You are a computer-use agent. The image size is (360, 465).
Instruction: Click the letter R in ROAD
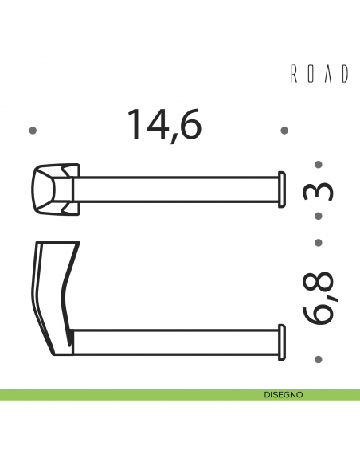click(x=292, y=75)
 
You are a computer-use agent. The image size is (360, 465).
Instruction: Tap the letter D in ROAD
click(x=345, y=75)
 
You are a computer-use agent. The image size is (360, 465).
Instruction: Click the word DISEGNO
click(x=283, y=394)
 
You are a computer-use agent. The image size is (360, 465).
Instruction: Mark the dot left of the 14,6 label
click(x=33, y=130)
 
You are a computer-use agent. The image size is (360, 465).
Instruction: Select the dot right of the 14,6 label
click(x=284, y=130)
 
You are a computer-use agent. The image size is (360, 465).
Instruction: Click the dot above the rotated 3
click(x=319, y=166)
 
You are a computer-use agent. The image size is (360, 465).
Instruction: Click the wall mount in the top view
click(x=56, y=188)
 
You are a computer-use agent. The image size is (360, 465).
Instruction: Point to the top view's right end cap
click(x=280, y=189)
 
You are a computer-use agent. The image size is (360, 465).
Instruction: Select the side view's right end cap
click(x=280, y=340)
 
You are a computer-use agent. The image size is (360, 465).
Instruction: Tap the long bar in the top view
click(x=175, y=189)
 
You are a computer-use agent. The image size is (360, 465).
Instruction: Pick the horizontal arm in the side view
click(x=175, y=340)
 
